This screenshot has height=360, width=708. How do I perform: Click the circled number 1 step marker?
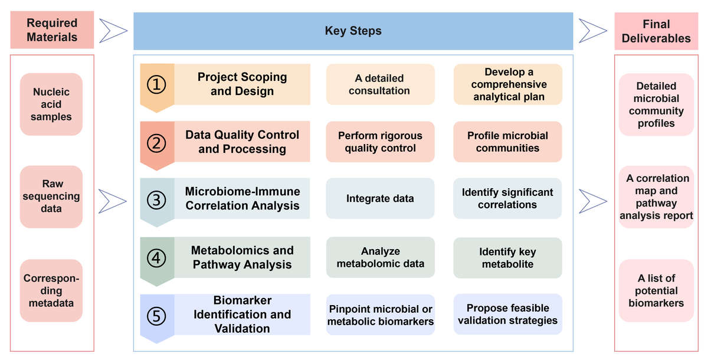point(156,84)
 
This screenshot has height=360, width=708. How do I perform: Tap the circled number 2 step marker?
point(156,142)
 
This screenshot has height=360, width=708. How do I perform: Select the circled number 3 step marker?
point(156,200)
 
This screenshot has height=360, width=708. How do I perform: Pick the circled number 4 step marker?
point(156,258)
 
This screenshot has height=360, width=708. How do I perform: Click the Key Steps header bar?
point(353,31)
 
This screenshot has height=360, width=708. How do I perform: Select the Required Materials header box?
point(52,30)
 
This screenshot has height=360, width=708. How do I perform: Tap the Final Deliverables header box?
point(656,31)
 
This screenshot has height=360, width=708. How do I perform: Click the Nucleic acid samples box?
point(51,104)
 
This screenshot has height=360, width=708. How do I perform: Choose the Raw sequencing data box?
point(51,197)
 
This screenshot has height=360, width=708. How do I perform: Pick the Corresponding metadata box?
point(51,290)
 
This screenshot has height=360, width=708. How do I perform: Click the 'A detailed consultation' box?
point(380,84)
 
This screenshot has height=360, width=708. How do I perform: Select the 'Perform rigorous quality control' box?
point(380,142)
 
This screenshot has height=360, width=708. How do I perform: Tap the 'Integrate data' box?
point(380,199)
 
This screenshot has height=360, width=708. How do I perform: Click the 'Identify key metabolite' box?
point(507,258)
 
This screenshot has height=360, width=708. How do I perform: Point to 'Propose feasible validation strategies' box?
point(507,315)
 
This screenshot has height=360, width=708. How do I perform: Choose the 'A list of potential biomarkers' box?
point(656,290)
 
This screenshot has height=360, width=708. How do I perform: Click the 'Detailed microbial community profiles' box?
point(656,105)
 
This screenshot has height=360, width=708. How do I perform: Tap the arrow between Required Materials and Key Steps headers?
point(113,31)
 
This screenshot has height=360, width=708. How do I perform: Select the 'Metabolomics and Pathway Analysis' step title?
point(242,258)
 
